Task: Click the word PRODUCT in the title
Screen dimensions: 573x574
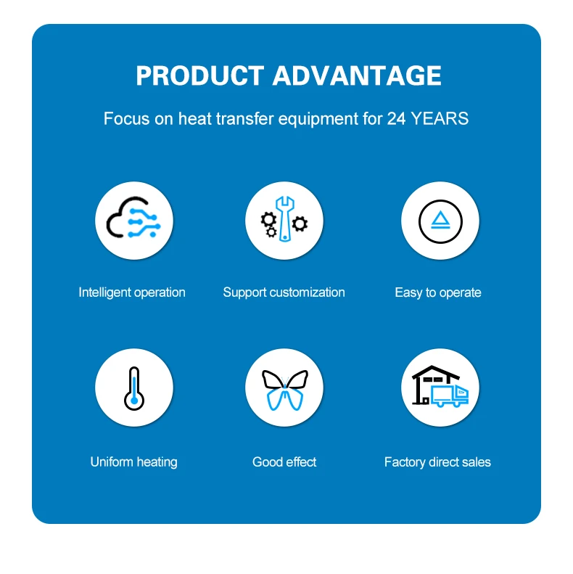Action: pos(199,75)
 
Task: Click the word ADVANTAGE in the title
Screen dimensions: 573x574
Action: pos(357,75)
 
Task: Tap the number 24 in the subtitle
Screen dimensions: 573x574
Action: pos(396,118)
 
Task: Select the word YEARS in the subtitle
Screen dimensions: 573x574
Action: pos(440,118)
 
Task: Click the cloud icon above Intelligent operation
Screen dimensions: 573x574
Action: pos(133,218)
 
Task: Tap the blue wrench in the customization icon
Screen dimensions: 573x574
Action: pos(285,219)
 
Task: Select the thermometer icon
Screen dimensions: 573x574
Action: pos(134,388)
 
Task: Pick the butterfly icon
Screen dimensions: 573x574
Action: pos(284,390)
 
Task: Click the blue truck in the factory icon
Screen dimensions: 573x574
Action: pos(450,395)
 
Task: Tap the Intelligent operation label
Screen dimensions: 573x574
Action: pos(132,292)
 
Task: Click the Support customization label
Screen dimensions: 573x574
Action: pos(284,292)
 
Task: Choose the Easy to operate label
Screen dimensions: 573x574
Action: pos(438,293)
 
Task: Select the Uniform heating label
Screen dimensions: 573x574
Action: pos(134,462)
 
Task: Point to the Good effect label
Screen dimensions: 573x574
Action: pos(284,462)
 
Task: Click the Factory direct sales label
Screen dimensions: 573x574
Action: pos(437,462)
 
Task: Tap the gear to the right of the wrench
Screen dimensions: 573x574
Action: pos(300,224)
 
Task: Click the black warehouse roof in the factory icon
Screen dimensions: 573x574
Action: pos(435,372)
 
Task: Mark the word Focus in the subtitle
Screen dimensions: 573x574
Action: pos(127,118)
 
